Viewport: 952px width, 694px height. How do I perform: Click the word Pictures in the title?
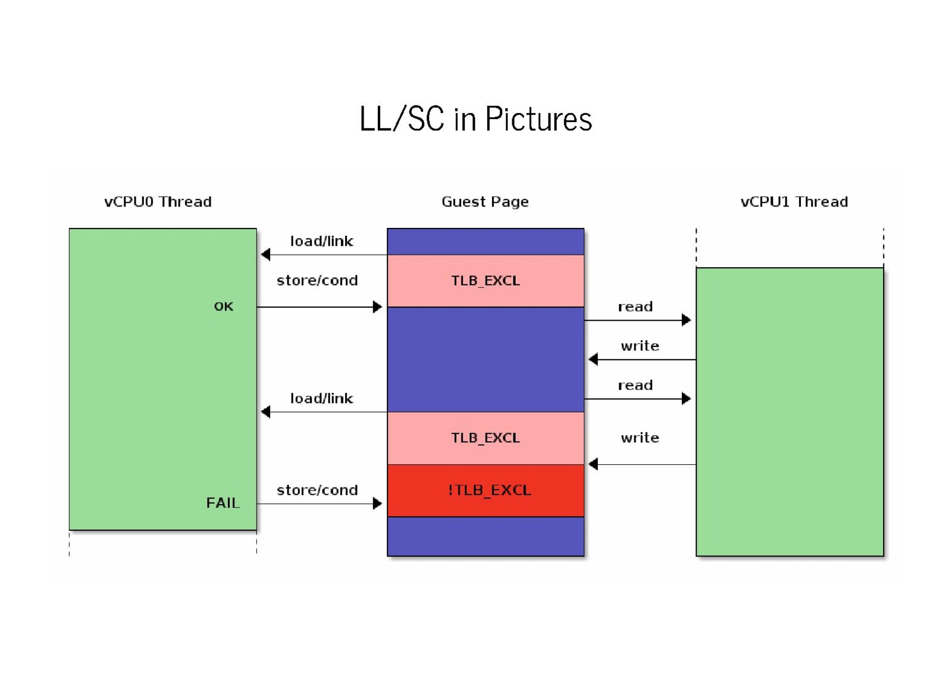coord(538,118)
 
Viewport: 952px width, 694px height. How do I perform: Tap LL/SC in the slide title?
coord(402,118)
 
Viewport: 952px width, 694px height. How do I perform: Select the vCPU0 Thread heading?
coord(158,202)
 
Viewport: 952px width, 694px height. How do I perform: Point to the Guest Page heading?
coord(485,202)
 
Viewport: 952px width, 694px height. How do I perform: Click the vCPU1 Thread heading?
coord(794,202)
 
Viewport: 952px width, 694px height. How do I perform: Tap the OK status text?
coord(224,307)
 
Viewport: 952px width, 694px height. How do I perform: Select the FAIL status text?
coord(223,503)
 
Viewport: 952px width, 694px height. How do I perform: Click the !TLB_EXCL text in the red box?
coord(489,490)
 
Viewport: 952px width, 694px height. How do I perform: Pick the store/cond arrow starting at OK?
coord(318,307)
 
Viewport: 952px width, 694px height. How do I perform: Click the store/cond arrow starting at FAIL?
coord(318,504)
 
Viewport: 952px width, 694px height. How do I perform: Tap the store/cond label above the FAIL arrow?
coord(317,490)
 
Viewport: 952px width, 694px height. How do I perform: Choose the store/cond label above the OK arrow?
coord(317,280)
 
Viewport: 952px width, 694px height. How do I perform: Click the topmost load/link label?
coord(321,241)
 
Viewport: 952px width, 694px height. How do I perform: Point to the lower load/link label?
coord(321,398)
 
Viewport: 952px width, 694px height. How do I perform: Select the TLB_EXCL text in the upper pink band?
coord(486,280)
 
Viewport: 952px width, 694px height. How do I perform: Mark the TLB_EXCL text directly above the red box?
coord(486,437)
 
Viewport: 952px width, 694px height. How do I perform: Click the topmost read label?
coord(635,307)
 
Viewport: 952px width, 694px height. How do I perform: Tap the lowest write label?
coord(640,437)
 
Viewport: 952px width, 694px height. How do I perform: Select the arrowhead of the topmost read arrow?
coord(687,320)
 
